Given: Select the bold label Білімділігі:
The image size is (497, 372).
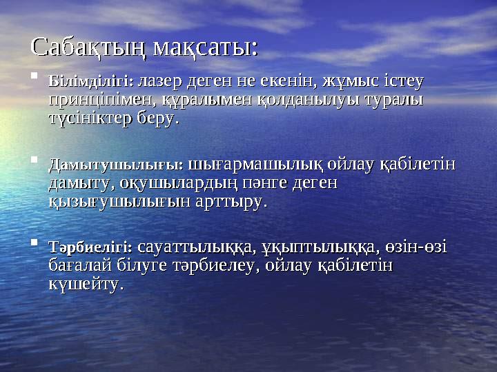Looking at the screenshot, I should [x=91, y=81].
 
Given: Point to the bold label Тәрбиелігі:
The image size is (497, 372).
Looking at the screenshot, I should [x=91, y=246].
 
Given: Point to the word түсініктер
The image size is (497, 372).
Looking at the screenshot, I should [x=90, y=118].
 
